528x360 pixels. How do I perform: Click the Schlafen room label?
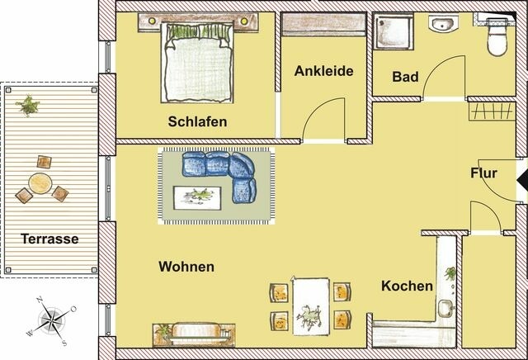tap(197, 122)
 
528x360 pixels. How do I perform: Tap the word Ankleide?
tap(324, 71)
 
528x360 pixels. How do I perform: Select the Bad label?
tap(405, 78)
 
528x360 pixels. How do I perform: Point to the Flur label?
tap(483, 173)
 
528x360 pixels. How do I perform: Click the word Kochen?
tap(407, 287)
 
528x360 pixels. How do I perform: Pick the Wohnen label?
tap(186, 267)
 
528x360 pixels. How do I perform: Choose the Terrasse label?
tap(51, 239)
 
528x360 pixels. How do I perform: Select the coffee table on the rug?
tap(198, 196)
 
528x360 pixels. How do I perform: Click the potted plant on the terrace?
tap(28, 105)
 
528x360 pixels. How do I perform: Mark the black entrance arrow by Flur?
tap(521, 177)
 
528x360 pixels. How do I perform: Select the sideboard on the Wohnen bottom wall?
tap(190, 335)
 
